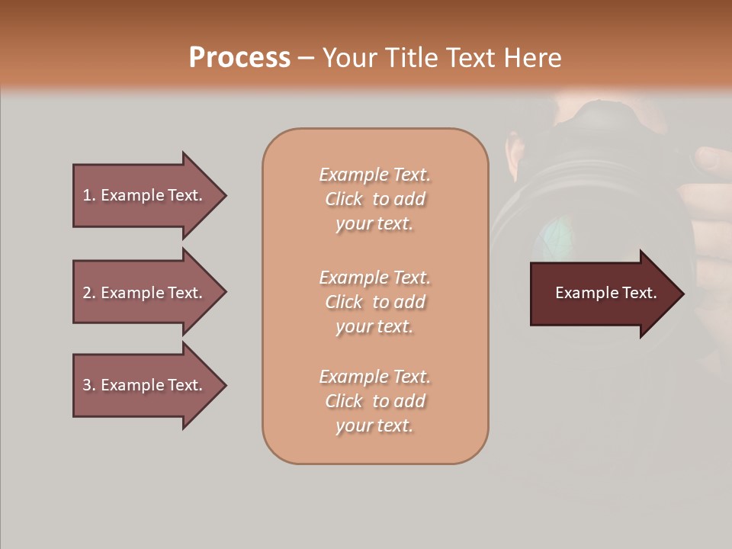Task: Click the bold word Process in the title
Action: tap(239, 58)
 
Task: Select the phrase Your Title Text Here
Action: tap(441, 58)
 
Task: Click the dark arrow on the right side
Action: tap(602, 294)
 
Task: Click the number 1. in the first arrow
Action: tap(88, 195)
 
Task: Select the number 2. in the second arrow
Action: tap(88, 293)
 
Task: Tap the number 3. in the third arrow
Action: tap(88, 385)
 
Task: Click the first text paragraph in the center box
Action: tap(374, 199)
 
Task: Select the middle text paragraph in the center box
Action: tap(374, 302)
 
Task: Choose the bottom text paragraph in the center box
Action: tap(374, 401)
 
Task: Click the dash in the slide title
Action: tap(306, 58)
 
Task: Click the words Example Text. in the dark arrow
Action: tap(605, 293)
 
